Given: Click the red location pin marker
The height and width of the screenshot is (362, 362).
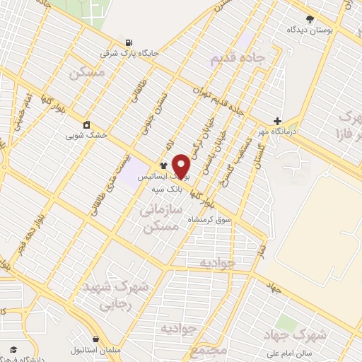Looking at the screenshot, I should coord(182,165).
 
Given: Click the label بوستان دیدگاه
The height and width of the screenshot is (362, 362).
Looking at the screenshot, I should coord(310,30).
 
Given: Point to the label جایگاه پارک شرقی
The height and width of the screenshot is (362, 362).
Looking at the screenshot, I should coord(130,52).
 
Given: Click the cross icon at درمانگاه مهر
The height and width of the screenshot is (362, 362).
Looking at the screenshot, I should coord(277,121).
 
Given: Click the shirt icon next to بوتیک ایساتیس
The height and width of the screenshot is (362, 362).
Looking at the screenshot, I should coord(153,165).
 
